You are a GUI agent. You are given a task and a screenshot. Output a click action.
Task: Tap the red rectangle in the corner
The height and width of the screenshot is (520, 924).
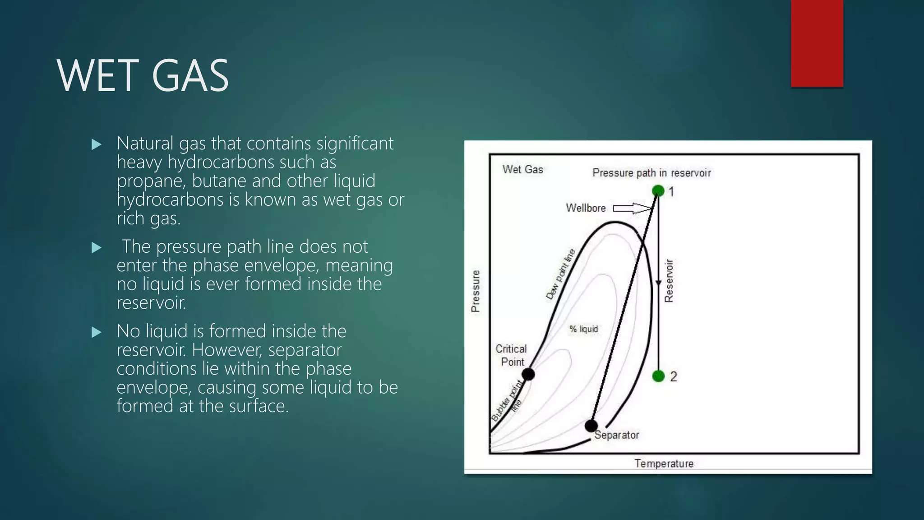point(817,43)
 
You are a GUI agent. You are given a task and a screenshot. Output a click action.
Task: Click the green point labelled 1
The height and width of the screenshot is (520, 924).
point(658,191)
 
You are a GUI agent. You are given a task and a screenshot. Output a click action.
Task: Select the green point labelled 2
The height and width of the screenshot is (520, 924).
point(658,376)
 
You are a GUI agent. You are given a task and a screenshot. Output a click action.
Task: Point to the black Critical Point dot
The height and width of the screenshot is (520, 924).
point(528,374)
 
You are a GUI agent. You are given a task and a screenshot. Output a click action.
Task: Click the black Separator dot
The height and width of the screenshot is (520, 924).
point(591,425)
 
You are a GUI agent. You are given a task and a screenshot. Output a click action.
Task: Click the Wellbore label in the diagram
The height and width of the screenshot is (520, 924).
point(586,208)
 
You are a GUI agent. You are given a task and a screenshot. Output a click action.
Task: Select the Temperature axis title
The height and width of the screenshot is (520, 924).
point(664,464)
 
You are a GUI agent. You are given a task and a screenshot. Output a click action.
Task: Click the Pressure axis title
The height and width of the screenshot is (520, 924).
point(475,291)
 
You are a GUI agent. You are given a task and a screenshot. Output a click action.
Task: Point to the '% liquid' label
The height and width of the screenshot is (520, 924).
point(583,329)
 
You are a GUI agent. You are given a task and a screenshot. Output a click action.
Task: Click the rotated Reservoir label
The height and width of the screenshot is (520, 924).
point(669,281)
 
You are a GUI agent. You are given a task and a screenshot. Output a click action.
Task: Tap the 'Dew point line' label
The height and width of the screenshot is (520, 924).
point(560,274)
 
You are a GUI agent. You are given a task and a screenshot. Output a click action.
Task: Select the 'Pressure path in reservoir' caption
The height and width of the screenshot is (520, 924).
point(651,173)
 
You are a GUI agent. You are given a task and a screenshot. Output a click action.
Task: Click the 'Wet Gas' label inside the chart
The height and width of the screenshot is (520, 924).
point(522,170)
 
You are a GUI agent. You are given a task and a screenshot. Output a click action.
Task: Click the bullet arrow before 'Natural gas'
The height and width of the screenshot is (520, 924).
point(96,144)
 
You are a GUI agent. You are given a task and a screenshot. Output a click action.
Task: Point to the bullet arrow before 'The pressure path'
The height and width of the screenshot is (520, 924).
point(96,247)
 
